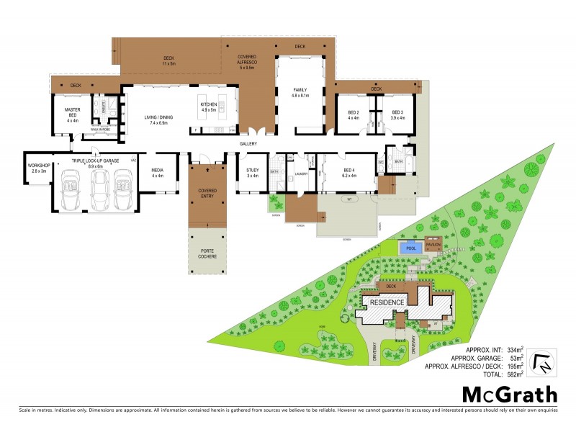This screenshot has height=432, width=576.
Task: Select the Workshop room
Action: (37, 168)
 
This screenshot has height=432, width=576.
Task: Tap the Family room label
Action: (300, 92)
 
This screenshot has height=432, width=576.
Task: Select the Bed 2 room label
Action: (353, 114)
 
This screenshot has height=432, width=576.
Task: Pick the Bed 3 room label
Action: (397, 114)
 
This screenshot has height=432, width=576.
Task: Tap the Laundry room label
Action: (302, 174)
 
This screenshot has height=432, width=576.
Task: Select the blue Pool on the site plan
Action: (410, 247)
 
